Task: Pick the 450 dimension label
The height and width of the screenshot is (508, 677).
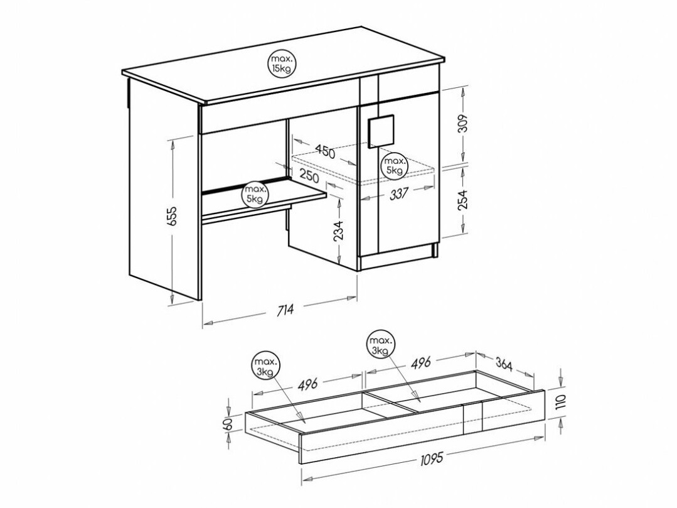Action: [x=325, y=151]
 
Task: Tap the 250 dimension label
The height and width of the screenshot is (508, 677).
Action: [x=309, y=176]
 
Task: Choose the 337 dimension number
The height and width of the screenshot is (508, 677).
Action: [x=400, y=195]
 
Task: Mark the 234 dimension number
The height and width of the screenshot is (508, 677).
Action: [x=338, y=230]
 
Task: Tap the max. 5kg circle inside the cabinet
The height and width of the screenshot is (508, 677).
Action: [x=395, y=165]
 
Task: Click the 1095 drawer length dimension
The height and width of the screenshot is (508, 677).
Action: [x=430, y=458]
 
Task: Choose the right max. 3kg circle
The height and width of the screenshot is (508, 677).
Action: [x=380, y=344]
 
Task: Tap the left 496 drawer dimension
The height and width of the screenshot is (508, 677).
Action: [x=308, y=384]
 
